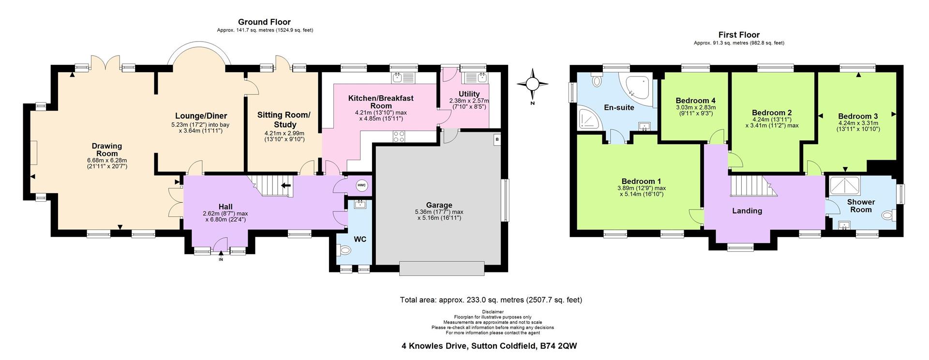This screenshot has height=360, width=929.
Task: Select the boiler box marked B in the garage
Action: (497, 139)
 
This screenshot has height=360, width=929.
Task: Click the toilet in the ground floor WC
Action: (345, 250)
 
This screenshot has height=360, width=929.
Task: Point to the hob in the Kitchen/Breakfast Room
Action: (399, 136)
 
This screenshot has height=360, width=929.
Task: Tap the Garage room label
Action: (438, 205)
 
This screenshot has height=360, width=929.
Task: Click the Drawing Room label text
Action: (107, 150)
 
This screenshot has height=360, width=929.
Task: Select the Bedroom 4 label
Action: (695, 101)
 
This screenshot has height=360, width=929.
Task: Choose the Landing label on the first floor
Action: (747, 211)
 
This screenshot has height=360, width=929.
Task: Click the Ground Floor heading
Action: (264, 22)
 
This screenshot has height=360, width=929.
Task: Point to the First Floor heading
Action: (739, 35)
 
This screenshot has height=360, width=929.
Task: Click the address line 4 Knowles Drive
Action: (489, 346)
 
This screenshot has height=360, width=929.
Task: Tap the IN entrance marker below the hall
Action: (221, 260)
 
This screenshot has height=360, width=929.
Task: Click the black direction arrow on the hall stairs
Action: (286, 184)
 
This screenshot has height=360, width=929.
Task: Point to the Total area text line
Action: (491, 300)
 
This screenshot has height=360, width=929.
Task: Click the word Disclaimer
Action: (493, 312)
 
